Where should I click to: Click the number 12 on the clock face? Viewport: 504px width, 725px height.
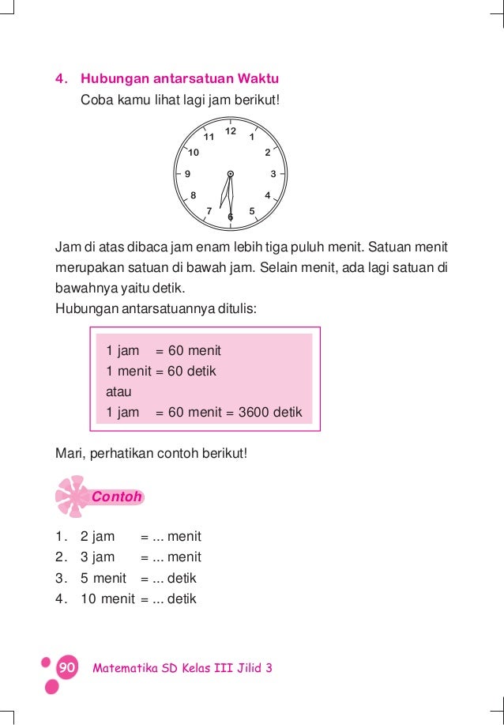tap(231, 130)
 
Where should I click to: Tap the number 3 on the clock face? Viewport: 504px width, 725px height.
tap(273, 174)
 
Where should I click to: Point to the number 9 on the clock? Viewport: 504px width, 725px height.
tap(187, 174)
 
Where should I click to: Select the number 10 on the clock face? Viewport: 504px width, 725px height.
tap(194, 152)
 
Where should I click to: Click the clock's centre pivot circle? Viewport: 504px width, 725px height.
tap(231, 174)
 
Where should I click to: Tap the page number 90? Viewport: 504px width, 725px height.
tap(66, 668)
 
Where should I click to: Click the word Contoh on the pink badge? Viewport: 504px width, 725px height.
tap(116, 497)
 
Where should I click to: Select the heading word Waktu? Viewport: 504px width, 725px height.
tap(256, 79)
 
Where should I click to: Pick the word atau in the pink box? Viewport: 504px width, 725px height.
tap(118, 391)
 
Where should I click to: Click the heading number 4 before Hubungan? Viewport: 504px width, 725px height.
tap(58, 79)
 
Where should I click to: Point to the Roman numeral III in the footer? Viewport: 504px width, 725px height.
tap(223, 668)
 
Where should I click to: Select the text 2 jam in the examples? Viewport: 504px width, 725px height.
tap(97, 537)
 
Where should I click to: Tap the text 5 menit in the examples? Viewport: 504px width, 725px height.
tap(103, 578)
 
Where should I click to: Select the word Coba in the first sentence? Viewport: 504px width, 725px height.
tap(96, 100)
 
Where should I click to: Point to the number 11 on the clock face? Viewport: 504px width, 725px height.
tap(209, 137)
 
